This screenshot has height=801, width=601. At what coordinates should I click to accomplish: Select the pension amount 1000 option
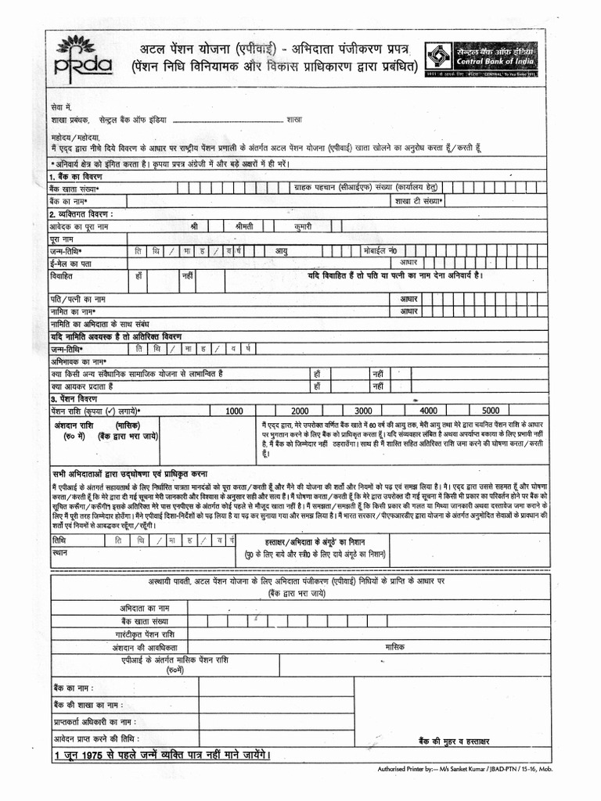pos(234,411)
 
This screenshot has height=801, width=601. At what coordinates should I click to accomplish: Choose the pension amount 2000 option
pos(300,411)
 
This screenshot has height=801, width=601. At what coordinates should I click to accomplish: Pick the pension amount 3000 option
pos(363,411)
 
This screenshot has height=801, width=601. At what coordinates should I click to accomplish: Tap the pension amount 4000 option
pos(428,411)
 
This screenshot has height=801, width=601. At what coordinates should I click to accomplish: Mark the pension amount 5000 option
pos(491,411)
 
